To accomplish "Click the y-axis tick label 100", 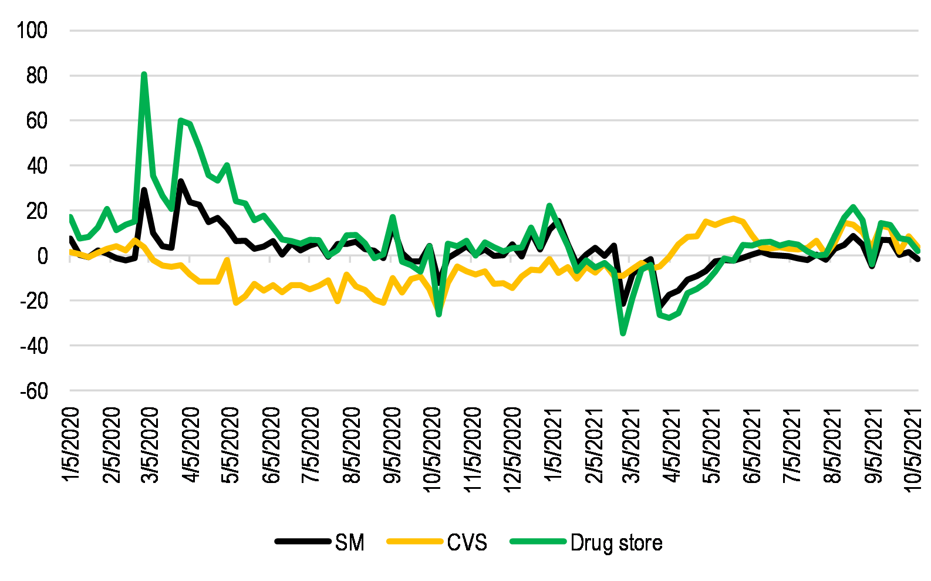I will [x=32, y=31].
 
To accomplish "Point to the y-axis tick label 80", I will [x=36, y=76].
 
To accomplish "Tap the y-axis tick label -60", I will [x=33, y=391].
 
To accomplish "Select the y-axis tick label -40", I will [x=33, y=346].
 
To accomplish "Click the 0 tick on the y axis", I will [x=42, y=256].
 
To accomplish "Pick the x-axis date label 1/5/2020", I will [x=71, y=445].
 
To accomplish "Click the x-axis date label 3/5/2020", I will [x=151, y=445].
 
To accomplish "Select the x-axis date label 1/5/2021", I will [x=553, y=445].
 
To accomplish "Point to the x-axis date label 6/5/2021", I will [x=753, y=445].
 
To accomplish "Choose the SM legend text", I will [x=350, y=543].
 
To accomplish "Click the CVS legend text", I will [x=467, y=543].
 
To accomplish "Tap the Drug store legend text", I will [x=616, y=543].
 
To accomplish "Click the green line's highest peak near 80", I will [x=144, y=75].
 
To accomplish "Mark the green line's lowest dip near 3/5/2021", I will [x=623, y=333].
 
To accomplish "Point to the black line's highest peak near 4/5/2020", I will [x=180, y=181].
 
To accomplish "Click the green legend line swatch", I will [x=538, y=542].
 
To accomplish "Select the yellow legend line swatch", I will [x=414, y=542].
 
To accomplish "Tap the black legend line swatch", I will [x=302, y=542].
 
